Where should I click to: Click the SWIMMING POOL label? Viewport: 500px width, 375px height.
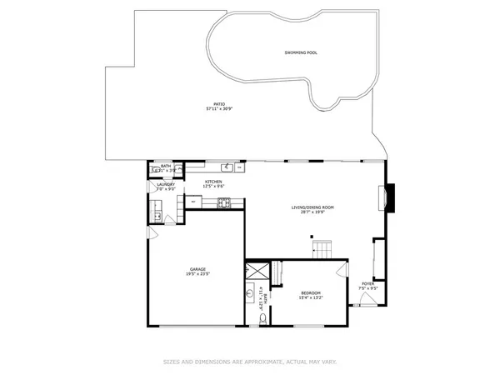[299, 52]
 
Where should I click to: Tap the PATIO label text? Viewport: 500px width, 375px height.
[218, 103]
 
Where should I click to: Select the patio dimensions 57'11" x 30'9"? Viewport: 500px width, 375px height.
[218, 108]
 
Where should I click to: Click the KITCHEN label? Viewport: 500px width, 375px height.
[213, 181]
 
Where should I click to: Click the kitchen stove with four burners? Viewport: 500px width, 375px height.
[223, 202]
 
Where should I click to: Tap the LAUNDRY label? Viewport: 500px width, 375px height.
[165, 185]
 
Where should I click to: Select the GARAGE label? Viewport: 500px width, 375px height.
[197, 268]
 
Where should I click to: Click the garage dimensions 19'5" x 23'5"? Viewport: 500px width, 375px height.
[197, 273]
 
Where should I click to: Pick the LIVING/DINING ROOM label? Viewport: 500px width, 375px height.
[312, 207]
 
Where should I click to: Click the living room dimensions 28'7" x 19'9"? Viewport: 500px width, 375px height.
[312, 212]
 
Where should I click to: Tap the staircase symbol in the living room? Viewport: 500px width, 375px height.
[322, 247]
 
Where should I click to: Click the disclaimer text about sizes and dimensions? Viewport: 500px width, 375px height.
[249, 362]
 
